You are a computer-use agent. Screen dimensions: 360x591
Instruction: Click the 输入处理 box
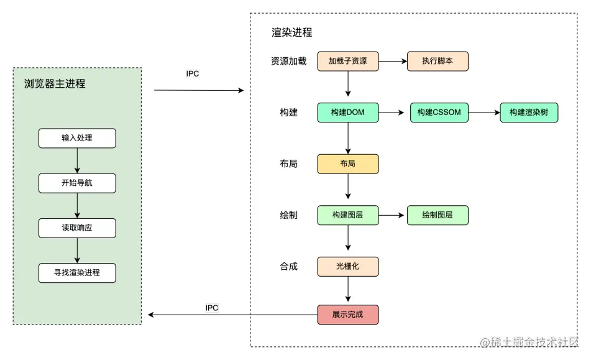point(77,138)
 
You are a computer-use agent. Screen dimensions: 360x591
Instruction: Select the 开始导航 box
point(77,183)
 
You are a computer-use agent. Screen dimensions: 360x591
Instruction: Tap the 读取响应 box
point(77,228)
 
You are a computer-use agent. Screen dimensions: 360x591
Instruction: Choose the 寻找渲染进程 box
point(77,273)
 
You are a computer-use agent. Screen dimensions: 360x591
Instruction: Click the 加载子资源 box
point(347,61)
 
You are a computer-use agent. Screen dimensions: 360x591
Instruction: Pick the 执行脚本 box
point(438,61)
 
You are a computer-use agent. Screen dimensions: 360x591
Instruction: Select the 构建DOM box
point(347,113)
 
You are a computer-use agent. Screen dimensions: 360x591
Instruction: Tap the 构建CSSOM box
point(439,113)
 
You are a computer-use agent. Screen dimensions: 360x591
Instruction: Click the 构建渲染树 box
point(529,113)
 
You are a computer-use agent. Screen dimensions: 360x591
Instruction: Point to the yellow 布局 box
point(347,164)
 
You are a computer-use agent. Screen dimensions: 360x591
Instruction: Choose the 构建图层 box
point(347,215)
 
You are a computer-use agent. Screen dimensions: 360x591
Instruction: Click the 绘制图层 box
point(438,215)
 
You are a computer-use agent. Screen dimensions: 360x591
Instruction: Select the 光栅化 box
point(347,266)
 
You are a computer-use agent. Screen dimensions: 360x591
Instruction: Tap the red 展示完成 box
point(347,315)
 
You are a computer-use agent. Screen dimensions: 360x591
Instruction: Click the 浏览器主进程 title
point(55,83)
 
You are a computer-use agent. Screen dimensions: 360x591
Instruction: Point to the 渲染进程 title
point(292,32)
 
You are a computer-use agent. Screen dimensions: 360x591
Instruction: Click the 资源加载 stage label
point(288,61)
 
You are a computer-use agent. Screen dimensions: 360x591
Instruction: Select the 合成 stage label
point(288,266)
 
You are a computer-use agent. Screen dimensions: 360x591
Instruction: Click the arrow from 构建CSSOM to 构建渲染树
point(484,113)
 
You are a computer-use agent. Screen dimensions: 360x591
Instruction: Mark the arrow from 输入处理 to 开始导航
point(77,160)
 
